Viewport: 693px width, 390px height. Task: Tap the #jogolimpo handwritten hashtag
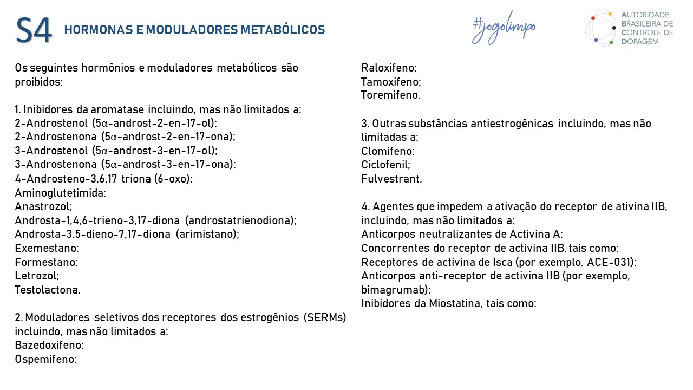coord(504,28)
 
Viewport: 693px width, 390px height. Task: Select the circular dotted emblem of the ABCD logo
coord(602,27)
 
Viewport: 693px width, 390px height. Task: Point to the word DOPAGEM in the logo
coord(640,41)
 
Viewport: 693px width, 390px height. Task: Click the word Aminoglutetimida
coord(60,192)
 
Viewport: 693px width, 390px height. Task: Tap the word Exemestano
coord(47,248)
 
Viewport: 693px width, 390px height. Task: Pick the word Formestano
coord(46,262)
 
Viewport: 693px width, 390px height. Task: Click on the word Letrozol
coord(37,276)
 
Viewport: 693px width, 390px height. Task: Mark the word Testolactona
coord(47,290)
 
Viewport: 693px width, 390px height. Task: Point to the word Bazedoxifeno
coord(49,345)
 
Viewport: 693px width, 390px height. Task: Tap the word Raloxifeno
coord(389,68)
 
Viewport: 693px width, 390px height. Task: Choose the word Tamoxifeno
coord(391,82)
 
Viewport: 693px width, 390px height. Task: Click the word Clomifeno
coord(388,151)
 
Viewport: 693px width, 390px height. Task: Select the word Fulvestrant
coord(391,179)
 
